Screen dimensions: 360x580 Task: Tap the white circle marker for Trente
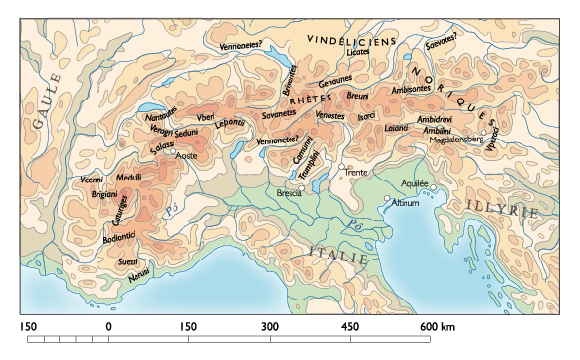pos(342,168)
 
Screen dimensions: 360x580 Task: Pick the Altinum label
pos(406,203)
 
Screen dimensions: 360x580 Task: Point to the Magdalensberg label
pos(463,140)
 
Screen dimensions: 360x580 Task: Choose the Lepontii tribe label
pos(230,123)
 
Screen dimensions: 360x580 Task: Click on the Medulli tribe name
pos(129,177)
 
